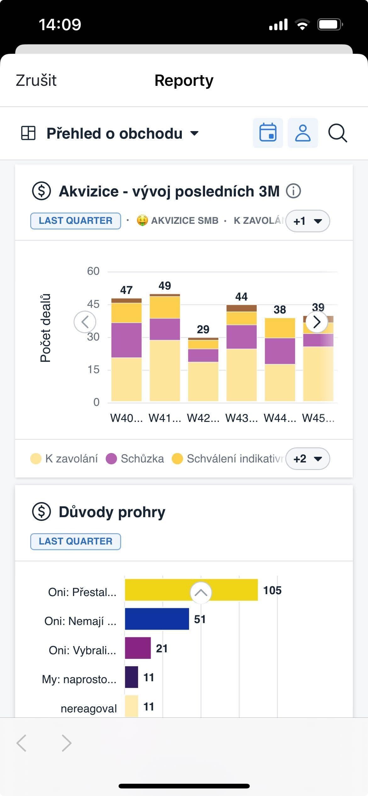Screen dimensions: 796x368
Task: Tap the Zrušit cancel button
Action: pos(36,80)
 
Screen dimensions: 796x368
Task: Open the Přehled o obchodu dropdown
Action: pos(123,133)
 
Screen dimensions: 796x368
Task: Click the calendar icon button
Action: pos(268,133)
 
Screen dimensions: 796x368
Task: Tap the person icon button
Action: pos(303,133)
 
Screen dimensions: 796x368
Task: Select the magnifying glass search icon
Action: pos(337,133)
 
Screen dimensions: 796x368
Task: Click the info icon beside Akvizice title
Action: pos(293,191)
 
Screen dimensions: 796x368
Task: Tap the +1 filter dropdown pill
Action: pos(307,221)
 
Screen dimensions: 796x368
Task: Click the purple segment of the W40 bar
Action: pos(126,340)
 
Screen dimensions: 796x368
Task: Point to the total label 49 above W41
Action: pos(165,285)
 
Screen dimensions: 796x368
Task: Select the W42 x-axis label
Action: pos(203,418)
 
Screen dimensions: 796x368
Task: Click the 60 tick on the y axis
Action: pos(93,271)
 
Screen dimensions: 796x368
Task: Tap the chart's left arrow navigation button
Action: pos(85,322)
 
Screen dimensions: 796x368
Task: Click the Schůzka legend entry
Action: pos(135,459)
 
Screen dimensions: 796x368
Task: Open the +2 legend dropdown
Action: pos(307,459)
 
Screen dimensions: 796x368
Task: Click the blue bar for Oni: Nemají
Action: pos(157,619)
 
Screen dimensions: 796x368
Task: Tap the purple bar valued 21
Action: pos(138,648)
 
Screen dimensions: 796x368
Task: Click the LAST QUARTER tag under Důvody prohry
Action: pos(75,541)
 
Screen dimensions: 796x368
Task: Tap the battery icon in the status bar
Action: pos(330,25)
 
